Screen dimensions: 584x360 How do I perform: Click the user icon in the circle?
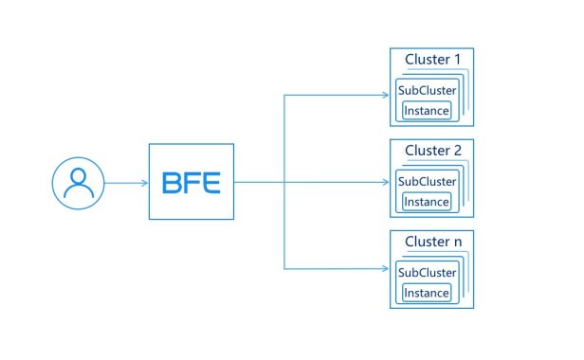tap(79, 183)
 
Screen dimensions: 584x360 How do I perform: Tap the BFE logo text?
tap(192, 183)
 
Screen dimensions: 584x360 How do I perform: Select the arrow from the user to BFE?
tap(126, 183)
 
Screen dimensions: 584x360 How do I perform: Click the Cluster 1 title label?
tap(432, 59)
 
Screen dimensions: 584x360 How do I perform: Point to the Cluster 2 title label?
tap(433, 151)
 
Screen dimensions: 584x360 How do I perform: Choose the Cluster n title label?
tap(433, 242)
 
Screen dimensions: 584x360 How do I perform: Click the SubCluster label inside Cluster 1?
tap(428, 90)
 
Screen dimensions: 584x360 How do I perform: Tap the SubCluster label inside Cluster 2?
tap(428, 181)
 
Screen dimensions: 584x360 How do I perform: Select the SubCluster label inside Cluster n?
tap(428, 273)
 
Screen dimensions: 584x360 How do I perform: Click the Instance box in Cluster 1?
tap(427, 111)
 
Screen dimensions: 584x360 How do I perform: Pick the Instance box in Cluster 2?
tap(427, 202)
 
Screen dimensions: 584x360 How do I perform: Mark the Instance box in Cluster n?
tap(427, 293)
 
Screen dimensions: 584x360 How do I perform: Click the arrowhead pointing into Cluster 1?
tap(386, 95)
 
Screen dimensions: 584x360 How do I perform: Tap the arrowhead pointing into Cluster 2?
tap(386, 182)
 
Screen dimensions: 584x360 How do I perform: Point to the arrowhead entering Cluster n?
tap(386, 268)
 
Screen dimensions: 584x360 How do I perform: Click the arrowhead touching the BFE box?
tap(145, 183)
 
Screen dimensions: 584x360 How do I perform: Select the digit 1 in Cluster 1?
tap(457, 59)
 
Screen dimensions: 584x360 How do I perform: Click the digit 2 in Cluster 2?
tap(457, 151)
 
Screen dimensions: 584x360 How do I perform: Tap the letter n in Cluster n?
tap(458, 243)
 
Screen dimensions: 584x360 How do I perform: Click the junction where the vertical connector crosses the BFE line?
tap(284, 182)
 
